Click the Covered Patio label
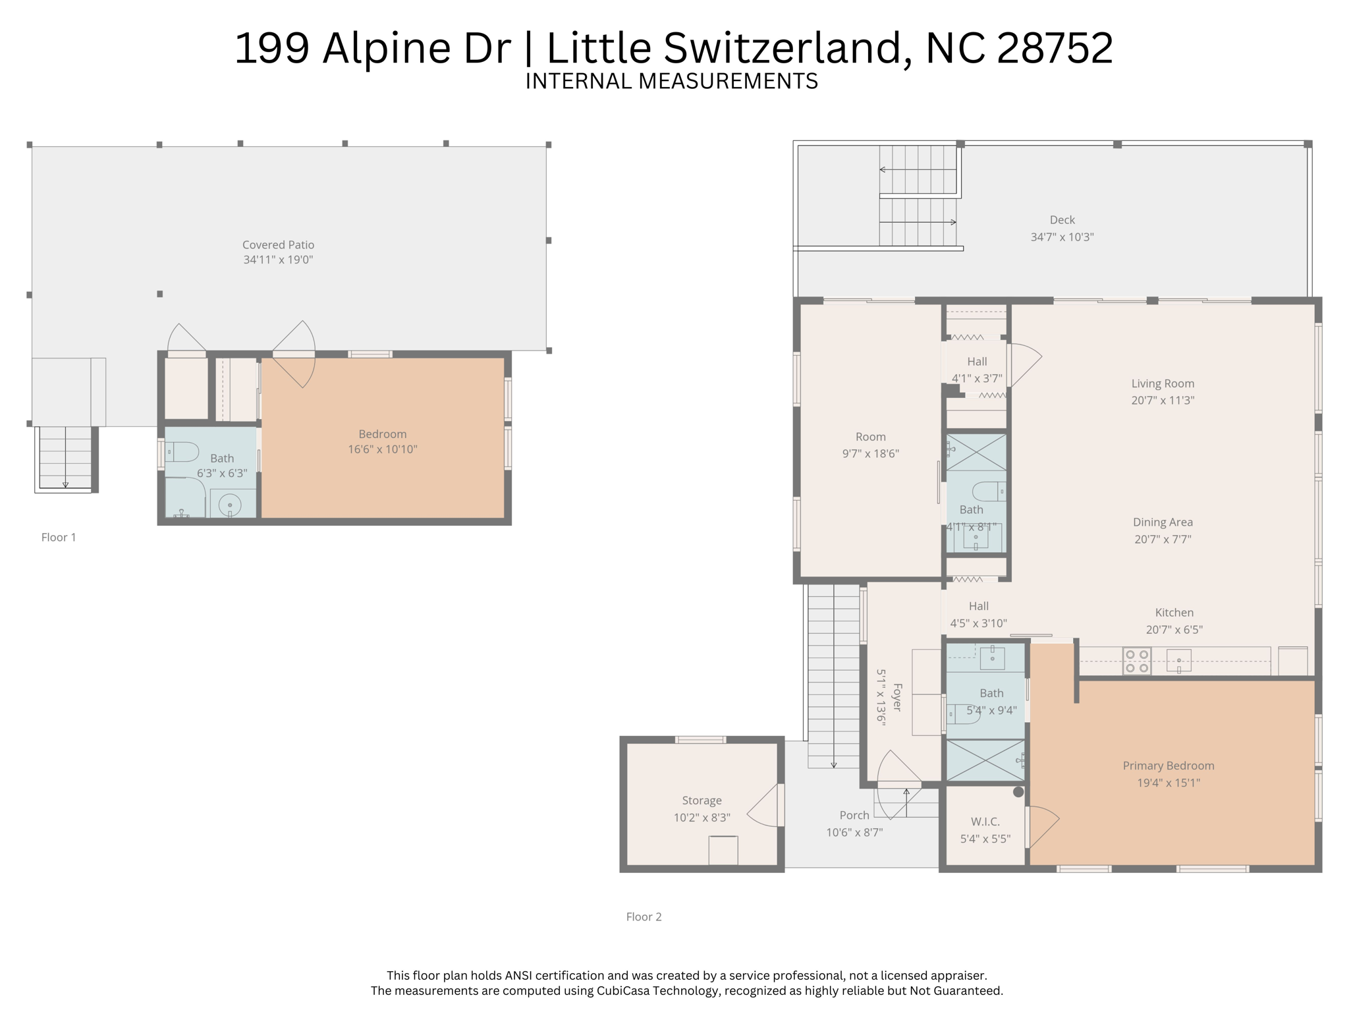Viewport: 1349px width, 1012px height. coord(278,245)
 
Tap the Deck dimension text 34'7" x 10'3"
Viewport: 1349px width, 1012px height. coord(1062,237)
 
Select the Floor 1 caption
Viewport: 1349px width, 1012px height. coord(59,538)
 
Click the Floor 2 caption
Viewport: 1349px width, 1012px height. coord(644,917)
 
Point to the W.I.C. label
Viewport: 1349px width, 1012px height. coord(985,822)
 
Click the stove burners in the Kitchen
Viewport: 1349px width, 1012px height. coord(1137,661)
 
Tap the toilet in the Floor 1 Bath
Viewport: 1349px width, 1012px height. coord(182,452)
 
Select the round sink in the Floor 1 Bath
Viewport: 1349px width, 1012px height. coord(229,506)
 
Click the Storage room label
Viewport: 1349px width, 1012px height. coord(702,801)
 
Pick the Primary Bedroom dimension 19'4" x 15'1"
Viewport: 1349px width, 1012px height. coord(1169,783)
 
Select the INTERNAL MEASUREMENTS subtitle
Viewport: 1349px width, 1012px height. coord(671,81)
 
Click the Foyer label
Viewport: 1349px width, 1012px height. coord(896,697)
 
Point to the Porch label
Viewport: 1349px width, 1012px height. coord(854,816)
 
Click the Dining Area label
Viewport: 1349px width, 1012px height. coord(1163,522)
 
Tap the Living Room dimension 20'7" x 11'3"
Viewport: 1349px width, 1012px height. coord(1163,400)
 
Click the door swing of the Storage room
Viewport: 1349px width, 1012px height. coord(764,808)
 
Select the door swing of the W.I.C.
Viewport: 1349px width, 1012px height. coord(1043,825)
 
